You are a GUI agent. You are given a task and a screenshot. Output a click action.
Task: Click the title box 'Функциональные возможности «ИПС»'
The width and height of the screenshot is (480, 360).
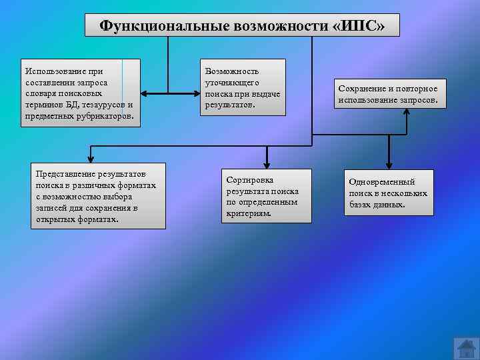(242, 25)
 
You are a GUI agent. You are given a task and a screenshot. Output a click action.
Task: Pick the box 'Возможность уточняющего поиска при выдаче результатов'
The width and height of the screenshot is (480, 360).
(243, 87)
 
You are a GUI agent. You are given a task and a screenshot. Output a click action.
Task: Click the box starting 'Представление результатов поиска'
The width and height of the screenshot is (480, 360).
(99, 196)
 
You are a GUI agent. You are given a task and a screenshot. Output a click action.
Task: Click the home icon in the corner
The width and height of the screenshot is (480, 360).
(465, 347)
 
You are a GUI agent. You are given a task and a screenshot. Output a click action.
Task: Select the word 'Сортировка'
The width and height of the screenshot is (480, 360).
(250, 180)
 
